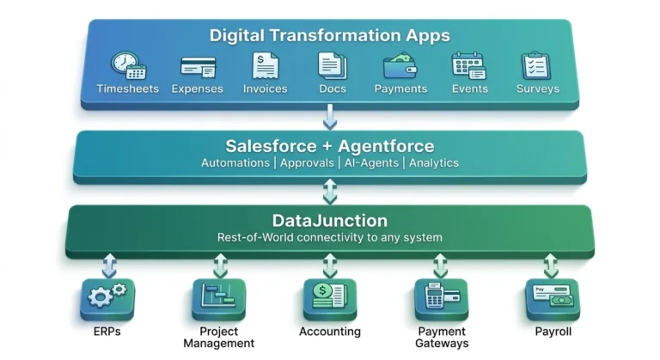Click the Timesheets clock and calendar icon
click(129, 65)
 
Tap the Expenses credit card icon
click(198, 67)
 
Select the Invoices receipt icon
click(266, 65)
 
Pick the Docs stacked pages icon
click(333, 65)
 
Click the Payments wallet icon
click(400, 65)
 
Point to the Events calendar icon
click(469, 65)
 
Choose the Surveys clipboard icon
click(536, 65)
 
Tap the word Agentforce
click(386, 146)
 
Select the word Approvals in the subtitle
click(307, 163)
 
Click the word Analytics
click(434, 163)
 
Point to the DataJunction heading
click(330, 221)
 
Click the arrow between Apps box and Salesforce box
click(330, 117)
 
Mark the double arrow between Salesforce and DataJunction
click(330, 192)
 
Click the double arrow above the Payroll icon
click(551, 265)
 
